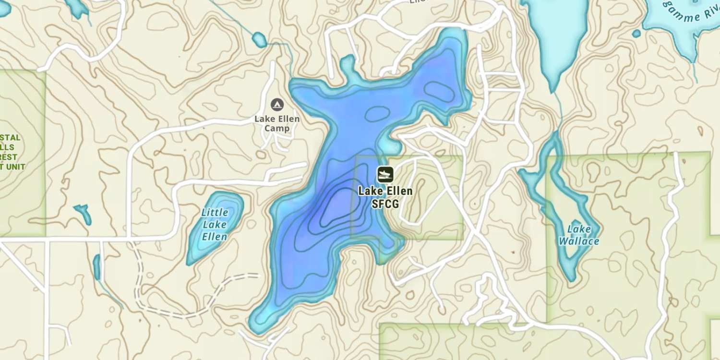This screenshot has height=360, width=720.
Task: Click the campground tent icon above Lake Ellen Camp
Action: pyautogui.click(x=277, y=104)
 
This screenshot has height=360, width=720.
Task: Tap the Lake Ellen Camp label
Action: pyautogui.click(x=277, y=123)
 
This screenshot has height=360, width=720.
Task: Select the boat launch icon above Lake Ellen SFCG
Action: pyautogui.click(x=385, y=175)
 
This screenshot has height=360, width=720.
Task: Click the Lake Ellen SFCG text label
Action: pyautogui.click(x=385, y=197)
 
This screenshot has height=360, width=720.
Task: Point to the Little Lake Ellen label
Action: pyautogui.click(x=215, y=224)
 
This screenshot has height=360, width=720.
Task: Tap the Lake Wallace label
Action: pyautogui.click(x=578, y=235)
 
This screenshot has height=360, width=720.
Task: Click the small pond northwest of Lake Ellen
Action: pyautogui.click(x=259, y=40)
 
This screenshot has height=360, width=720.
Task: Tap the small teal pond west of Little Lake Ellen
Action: pyautogui.click(x=84, y=212)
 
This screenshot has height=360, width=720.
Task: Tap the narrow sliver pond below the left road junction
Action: pyautogui.click(x=97, y=267)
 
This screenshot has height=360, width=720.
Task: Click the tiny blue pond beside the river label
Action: pyautogui.click(x=636, y=34)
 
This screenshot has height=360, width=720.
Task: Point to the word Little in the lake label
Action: pyautogui.click(x=215, y=212)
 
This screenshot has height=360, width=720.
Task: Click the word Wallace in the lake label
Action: pyautogui.click(x=578, y=241)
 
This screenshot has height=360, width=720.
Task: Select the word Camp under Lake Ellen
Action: pyautogui.click(x=277, y=129)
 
